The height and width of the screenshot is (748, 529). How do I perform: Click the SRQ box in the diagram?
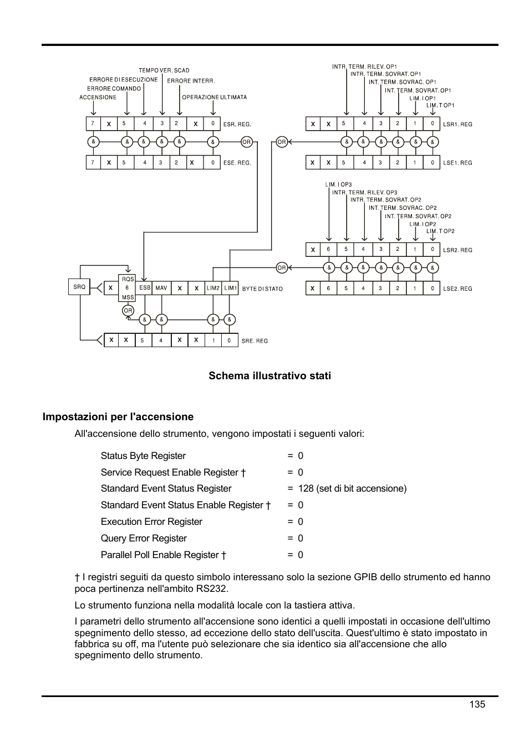tap(80, 287)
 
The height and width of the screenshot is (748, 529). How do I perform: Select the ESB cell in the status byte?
tap(145, 288)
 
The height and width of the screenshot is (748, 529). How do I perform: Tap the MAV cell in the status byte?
tap(161, 288)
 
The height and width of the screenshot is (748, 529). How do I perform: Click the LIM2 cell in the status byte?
tap(213, 288)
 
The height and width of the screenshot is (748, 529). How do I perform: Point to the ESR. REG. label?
tap(237, 125)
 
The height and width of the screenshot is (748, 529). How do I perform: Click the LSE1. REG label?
tap(457, 163)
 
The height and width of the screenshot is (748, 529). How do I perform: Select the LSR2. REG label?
tap(457, 250)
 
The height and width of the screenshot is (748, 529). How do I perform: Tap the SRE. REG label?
tap(255, 341)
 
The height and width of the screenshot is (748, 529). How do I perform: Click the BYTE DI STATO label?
tap(262, 289)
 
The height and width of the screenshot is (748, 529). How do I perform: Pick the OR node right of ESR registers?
tap(247, 142)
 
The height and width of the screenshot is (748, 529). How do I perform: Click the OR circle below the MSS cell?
tap(128, 311)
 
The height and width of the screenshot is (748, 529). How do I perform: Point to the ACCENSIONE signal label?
tap(98, 97)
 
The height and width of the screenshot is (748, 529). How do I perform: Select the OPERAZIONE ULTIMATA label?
tap(215, 97)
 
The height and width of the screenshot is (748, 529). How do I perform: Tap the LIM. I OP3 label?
tap(338, 184)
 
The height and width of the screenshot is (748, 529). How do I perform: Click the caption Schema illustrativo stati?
tap(269, 376)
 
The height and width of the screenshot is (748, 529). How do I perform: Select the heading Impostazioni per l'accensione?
tap(118, 417)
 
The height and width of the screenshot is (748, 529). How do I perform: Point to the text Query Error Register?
tap(144, 538)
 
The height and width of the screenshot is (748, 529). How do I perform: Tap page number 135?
tap(477, 704)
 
